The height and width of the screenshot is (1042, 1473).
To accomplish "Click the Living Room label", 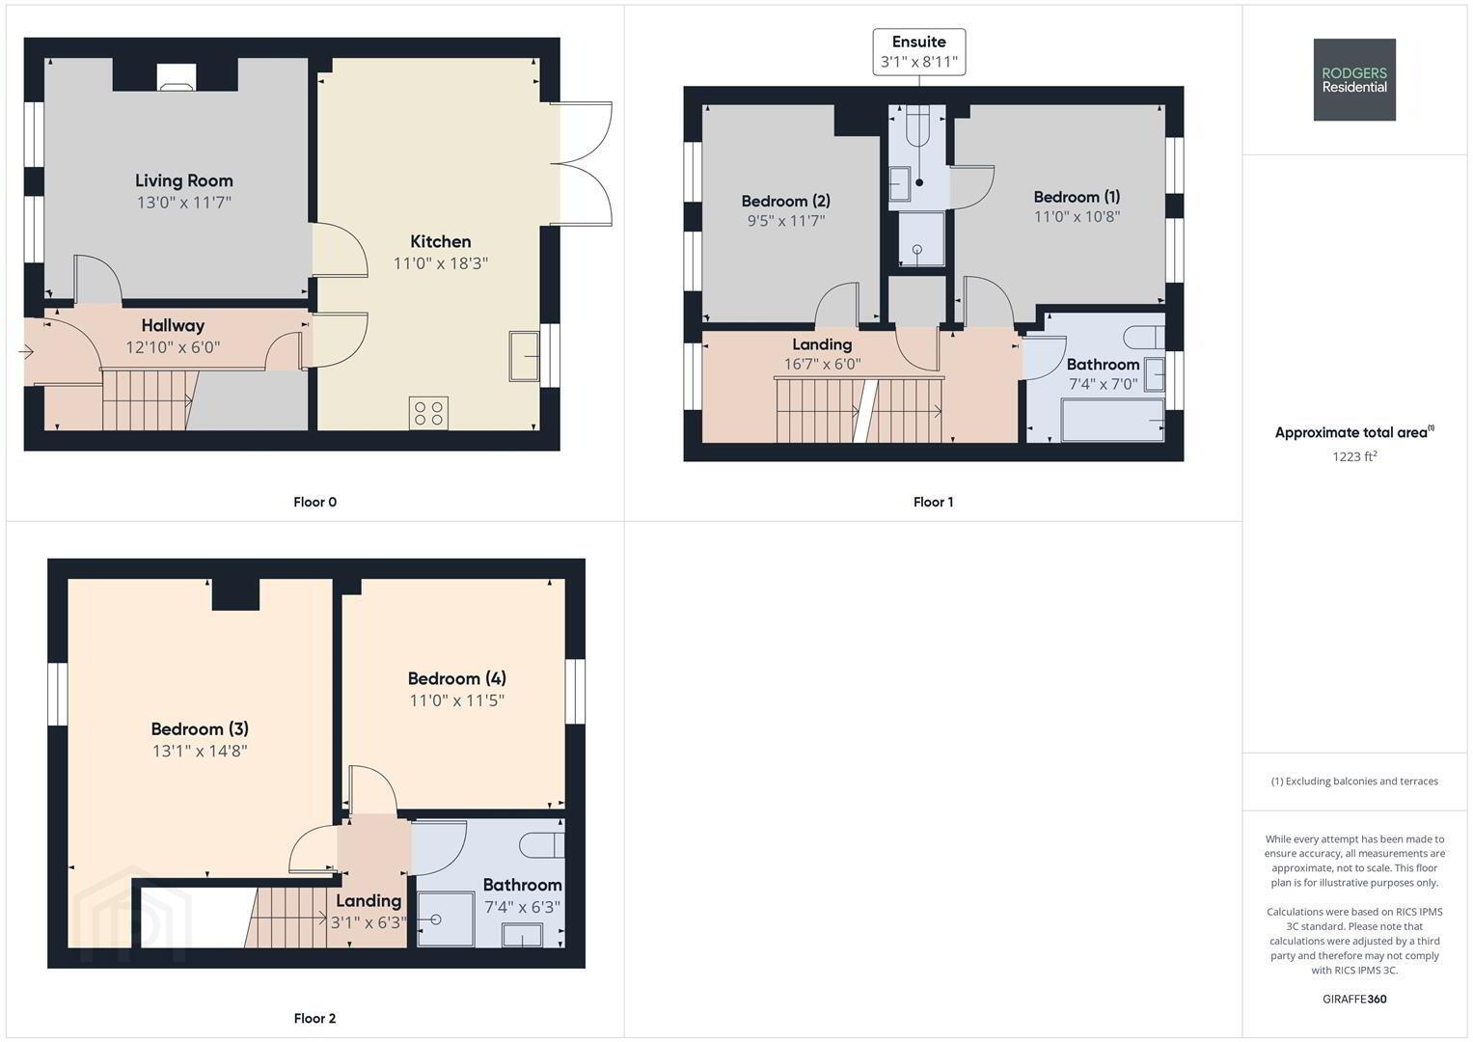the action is click(184, 180).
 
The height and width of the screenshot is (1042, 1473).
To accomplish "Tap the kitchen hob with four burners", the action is click(428, 413).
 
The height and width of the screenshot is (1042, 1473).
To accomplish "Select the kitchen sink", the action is click(524, 356).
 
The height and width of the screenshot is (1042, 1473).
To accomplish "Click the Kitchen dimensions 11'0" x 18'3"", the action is click(441, 263).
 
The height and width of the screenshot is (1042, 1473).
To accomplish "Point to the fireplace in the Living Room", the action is click(177, 77).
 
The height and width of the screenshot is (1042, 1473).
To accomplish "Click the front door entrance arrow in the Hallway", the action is click(26, 352).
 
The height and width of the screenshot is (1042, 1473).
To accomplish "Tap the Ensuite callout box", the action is click(918, 52).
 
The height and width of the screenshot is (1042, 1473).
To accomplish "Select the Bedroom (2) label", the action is click(786, 201).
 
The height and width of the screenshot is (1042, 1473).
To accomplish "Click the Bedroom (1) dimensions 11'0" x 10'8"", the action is click(1077, 216).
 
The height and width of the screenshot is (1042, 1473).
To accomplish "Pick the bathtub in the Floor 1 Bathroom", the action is click(1112, 419).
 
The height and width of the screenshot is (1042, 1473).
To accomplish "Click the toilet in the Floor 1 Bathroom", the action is click(1143, 337).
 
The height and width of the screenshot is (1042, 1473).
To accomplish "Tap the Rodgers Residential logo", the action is click(1354, 79).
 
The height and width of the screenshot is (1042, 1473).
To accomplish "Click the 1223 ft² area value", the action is click(1354, 455).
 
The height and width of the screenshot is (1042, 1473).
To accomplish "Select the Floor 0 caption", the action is click(315, 502).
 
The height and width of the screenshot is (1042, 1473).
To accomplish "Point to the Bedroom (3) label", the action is click(200, 728).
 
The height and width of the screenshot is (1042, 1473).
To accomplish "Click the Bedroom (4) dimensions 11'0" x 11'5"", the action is click(457, 699).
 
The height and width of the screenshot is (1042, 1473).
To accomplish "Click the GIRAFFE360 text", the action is click(1354, 1000).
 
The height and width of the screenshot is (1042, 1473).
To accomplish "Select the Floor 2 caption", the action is click(315, 1018).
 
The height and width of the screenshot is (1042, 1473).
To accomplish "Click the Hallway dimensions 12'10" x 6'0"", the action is click(173, 346).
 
